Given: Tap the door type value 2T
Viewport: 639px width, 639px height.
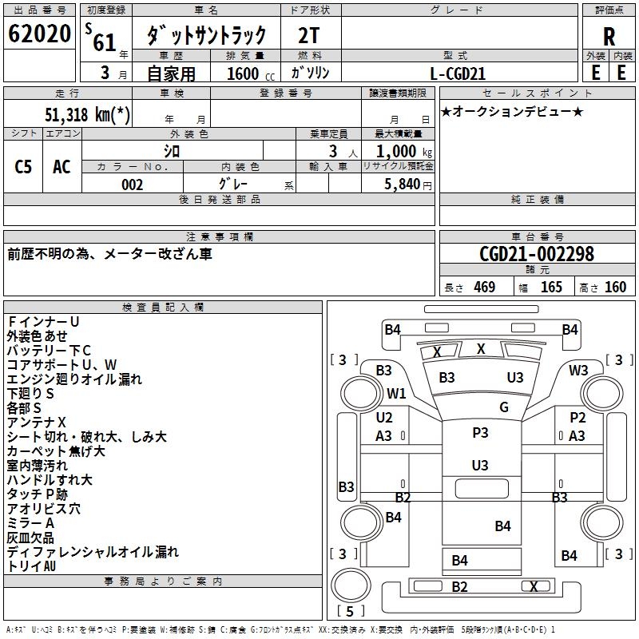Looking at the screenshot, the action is pos(310,36).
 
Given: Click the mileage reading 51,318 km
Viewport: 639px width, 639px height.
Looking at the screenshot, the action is pos(88,114).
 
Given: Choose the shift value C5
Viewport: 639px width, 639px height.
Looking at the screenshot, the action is pos(23,166).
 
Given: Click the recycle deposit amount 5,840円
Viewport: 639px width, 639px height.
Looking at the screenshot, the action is pos(403,185).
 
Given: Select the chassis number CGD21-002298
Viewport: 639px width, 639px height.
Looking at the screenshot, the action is pos(537,255).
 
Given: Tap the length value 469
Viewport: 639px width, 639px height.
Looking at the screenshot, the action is pos(484,287).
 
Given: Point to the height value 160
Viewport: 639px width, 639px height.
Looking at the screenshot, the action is pos(615,287).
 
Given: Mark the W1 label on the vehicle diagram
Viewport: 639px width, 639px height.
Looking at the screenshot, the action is pos(396,394).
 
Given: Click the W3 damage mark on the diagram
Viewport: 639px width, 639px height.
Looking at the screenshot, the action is pos(578,371).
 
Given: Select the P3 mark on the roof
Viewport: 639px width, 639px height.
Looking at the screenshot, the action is pos(480,433).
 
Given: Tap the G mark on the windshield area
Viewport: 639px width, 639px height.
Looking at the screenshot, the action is pos(504,407).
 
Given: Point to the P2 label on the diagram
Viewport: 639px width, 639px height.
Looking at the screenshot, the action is pos(577,418).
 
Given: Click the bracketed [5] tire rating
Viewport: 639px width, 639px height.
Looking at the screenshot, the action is pos(351,611).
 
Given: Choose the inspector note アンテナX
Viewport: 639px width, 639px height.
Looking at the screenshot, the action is pos(37,422).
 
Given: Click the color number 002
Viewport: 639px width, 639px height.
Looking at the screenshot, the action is pos(133,185).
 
